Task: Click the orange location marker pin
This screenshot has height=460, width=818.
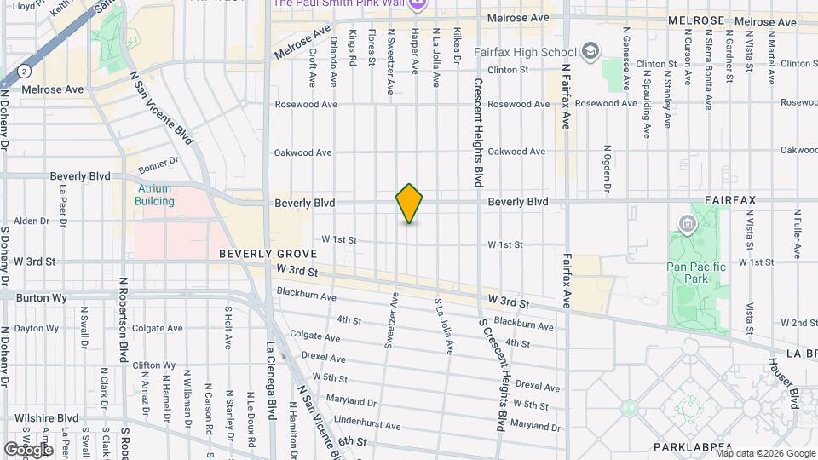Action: (x=409, y=204)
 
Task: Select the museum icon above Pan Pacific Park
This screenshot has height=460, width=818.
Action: (x=687, y=224)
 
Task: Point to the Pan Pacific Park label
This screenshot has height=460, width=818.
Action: (x=696, y=273)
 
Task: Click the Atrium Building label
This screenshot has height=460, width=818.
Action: (x=153, y=195)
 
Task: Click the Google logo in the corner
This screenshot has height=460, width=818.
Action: (x=28, y=449)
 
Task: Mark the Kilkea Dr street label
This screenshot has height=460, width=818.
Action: (x=457, y=47)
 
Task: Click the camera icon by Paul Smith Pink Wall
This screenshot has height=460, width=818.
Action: (x=417, y=4)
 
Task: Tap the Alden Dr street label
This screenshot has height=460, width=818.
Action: (x=32, y=221)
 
